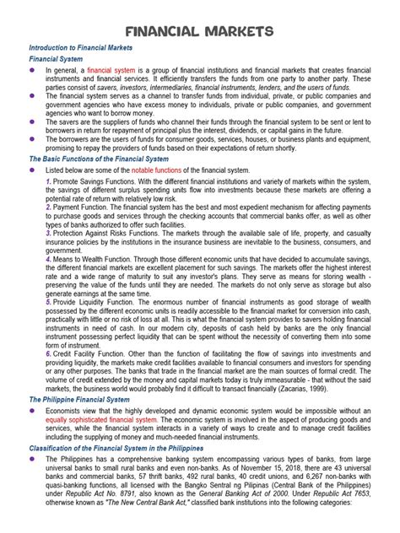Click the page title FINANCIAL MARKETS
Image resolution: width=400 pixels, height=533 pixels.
coord(199,31)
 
